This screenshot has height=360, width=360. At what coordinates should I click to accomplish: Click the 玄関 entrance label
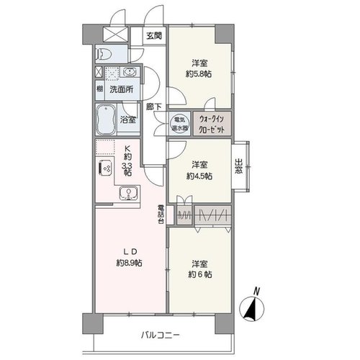154,36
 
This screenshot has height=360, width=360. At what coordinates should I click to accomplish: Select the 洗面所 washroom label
122,89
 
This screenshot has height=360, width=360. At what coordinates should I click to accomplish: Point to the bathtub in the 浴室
106,120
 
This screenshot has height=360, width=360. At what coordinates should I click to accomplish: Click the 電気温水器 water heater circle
179,123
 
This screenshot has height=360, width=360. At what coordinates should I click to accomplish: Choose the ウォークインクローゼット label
212,124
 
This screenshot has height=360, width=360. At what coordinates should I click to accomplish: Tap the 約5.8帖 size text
199,74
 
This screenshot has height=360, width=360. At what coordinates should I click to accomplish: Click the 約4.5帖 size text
199,176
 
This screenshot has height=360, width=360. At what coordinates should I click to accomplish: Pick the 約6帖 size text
199,274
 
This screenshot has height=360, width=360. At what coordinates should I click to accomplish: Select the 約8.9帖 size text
129,263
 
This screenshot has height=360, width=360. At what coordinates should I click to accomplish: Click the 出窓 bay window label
238,166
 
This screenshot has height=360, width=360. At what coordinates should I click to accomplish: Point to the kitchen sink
129,193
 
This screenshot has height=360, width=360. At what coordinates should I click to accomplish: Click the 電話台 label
161,214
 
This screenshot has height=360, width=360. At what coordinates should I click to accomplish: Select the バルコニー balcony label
160,335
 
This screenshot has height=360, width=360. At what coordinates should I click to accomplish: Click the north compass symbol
252,308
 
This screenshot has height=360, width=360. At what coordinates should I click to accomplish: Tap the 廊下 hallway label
154,107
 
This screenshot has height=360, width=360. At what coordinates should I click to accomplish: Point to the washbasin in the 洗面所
130,72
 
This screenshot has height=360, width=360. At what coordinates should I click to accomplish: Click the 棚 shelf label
99,89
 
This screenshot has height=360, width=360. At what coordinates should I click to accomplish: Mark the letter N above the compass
256,292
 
